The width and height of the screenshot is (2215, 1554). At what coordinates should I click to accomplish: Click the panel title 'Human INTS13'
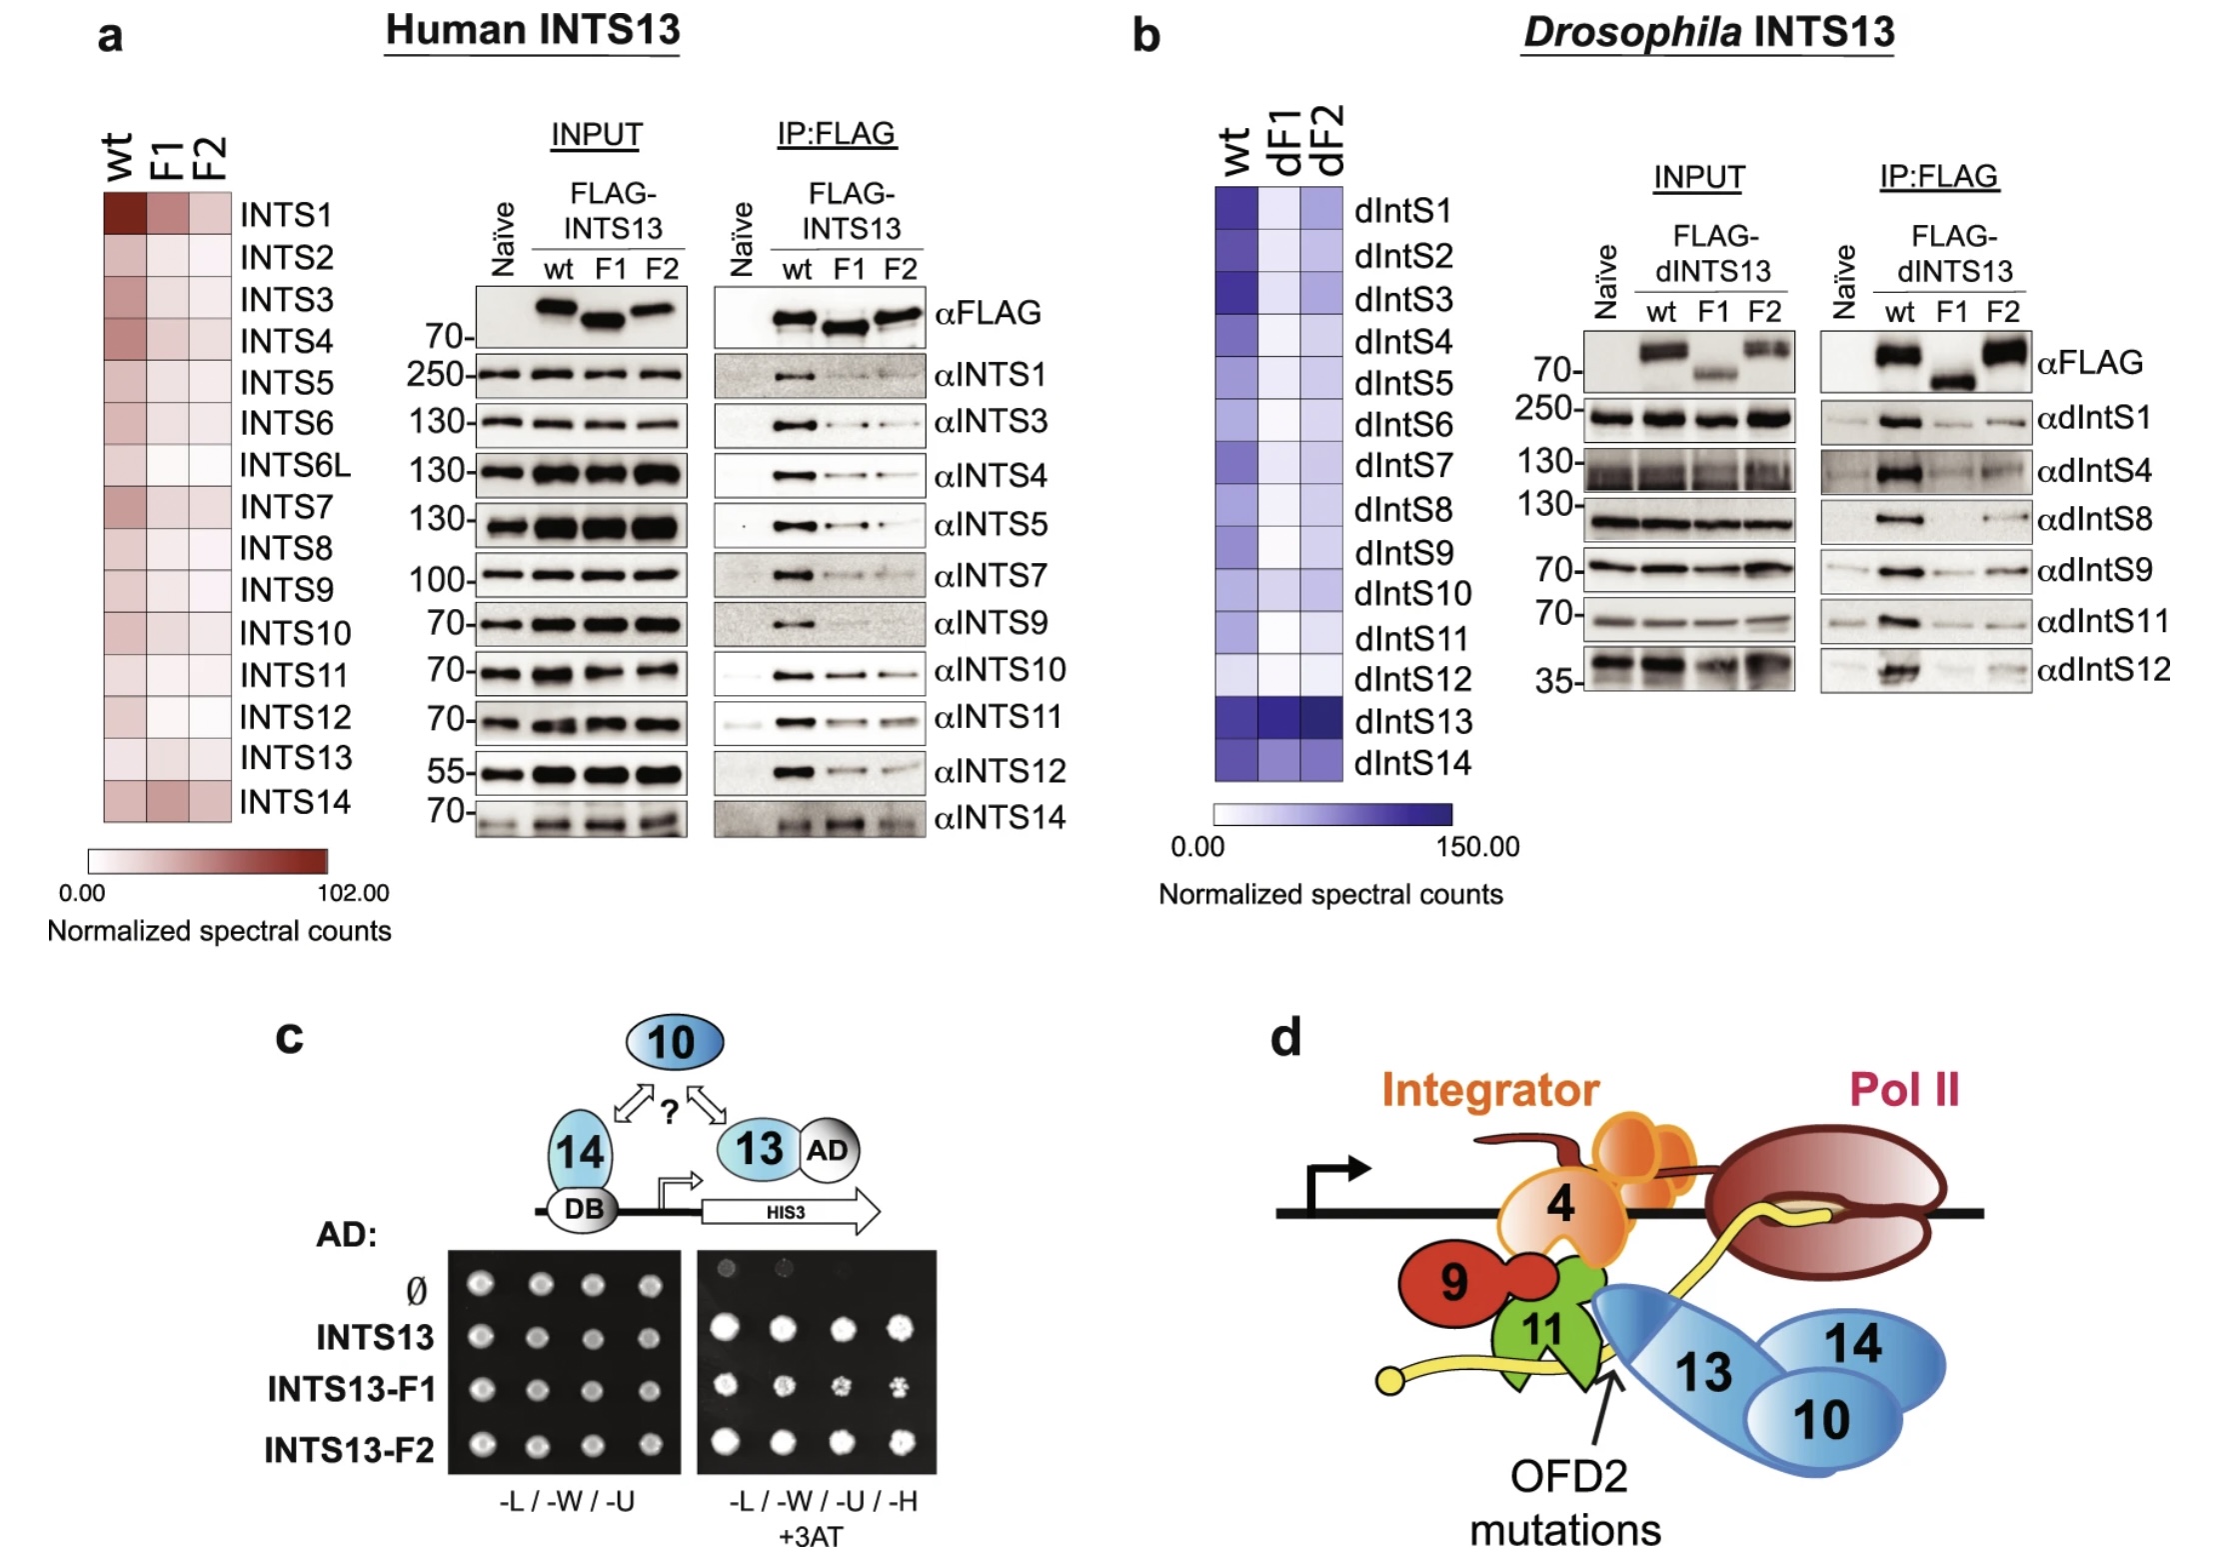pos(532,30)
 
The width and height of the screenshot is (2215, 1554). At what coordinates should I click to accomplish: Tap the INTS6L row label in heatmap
pos(295,465)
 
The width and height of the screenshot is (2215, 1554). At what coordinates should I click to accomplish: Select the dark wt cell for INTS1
pos(125,213)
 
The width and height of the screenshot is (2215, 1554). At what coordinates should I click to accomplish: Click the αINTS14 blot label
pos(1000,818)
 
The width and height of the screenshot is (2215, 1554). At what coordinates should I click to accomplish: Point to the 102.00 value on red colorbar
pos(353,892)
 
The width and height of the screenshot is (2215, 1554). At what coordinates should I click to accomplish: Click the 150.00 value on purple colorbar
pos(1476,846)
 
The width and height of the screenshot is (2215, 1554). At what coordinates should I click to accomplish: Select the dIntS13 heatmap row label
pos(1412,721)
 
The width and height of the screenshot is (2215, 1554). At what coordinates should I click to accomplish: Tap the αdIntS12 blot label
pos(2103,669)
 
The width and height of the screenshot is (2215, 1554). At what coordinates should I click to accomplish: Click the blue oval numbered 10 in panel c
pos(674,1042)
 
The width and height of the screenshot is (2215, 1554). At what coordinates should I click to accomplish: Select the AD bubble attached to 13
pos(828,1150)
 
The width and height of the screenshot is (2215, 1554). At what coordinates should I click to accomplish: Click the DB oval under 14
pos(584,1209)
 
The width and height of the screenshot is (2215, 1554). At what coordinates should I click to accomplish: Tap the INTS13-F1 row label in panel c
pos(351,1389)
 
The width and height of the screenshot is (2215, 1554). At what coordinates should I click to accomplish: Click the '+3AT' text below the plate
pos(811,1536)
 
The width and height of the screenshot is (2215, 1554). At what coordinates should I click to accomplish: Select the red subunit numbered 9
pos(1454,1281)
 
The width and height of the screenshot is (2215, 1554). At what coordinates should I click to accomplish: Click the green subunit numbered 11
pos(1541,1330)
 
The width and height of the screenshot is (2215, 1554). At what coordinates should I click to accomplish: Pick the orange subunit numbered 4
pos(1559,1204)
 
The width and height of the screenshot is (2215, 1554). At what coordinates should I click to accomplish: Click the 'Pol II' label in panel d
pos(1903,1090)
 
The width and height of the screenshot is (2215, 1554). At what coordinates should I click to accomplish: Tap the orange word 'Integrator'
pos(1490,1090)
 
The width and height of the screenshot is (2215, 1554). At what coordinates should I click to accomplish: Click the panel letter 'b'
pos(1145,36)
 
